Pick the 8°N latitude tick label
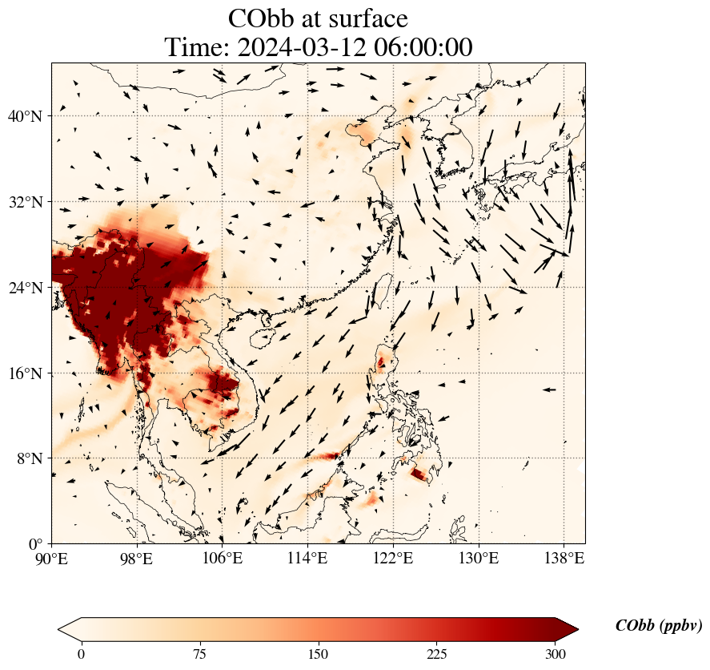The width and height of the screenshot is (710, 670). (x=29, y=458)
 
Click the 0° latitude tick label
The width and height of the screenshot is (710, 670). (x=36, y=544)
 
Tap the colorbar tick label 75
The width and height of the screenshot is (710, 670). (x=199, y=654)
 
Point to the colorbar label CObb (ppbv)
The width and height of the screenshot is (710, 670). (x=659, y=626)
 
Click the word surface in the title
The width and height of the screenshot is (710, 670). (x=362, y=18)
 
